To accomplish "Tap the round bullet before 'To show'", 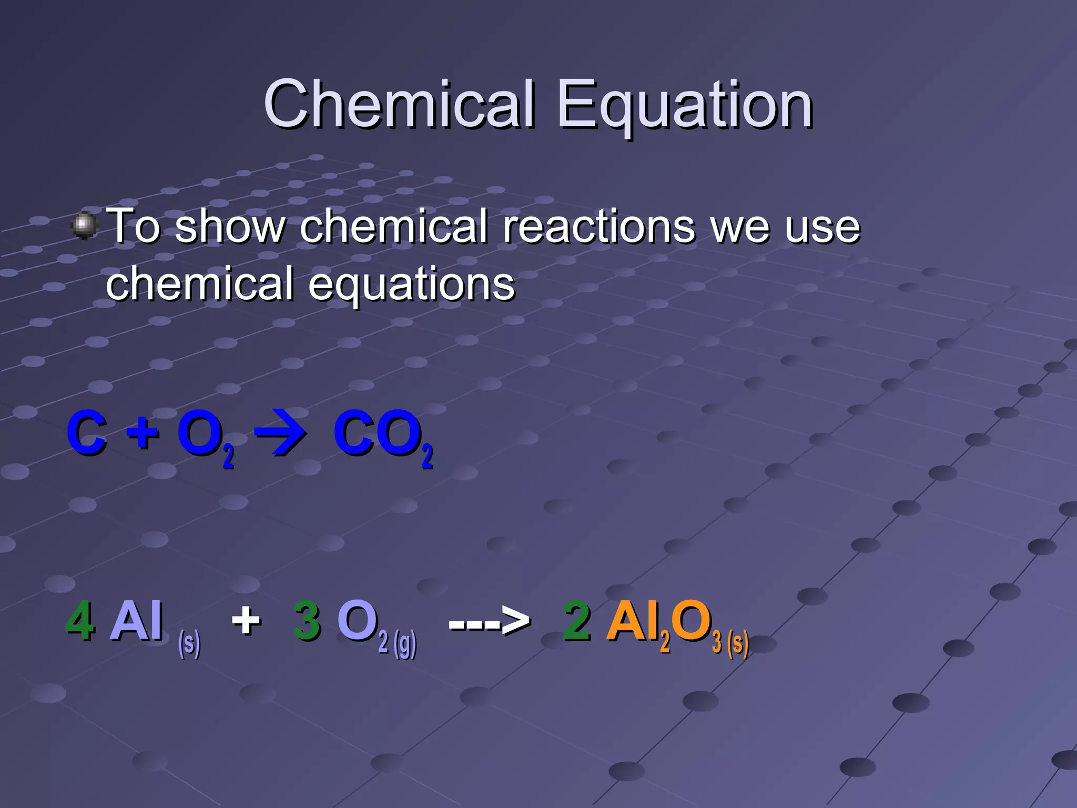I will tap(84, 226).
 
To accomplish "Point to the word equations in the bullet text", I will tap(411, 285).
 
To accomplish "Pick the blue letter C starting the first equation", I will tap(87, 434).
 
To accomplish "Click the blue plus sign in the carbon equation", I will tap(143, 435).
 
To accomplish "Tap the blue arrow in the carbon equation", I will tap(280, 433).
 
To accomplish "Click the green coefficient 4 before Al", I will tap(79, 622).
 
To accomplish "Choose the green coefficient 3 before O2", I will tap(307, 622).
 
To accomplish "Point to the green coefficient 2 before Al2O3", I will tap(577, 622).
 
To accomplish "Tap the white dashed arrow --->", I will tap(489, 622).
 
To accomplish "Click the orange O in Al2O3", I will tap(691, 622).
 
